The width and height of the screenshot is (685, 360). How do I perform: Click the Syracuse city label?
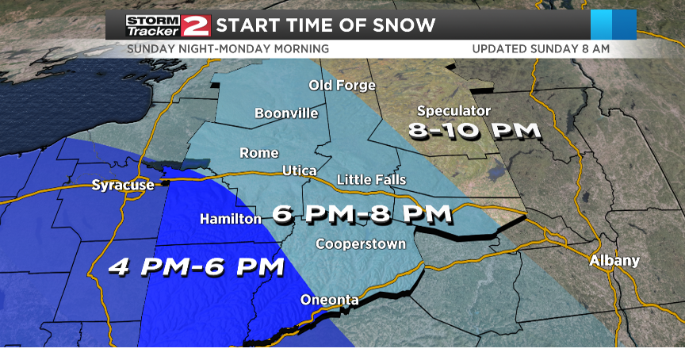pos(122,186)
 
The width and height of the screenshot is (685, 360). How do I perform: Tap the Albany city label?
pos(614,261)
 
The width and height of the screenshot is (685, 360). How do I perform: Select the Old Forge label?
pos(342,86)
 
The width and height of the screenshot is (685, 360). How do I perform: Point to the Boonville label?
pos(286,113)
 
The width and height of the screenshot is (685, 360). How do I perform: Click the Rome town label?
pos(259,153)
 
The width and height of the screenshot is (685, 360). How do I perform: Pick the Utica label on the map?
pos(300,171)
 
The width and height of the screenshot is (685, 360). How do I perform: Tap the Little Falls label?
pos(371,180)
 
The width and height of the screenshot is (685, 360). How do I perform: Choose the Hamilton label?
pos(230,218)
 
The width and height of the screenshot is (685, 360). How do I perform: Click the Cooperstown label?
pos(361,243)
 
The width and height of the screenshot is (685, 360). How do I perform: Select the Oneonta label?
pos(329,300)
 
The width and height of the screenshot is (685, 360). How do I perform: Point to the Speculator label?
pos(453,111)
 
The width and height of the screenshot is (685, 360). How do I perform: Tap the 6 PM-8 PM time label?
pos(362,213)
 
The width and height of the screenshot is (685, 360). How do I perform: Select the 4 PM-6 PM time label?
pos(196,266)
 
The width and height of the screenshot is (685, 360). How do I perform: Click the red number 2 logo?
pos(196,25)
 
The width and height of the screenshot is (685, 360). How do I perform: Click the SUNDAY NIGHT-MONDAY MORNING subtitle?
pos(228,49)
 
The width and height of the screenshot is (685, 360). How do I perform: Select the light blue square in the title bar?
pos(602,25)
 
